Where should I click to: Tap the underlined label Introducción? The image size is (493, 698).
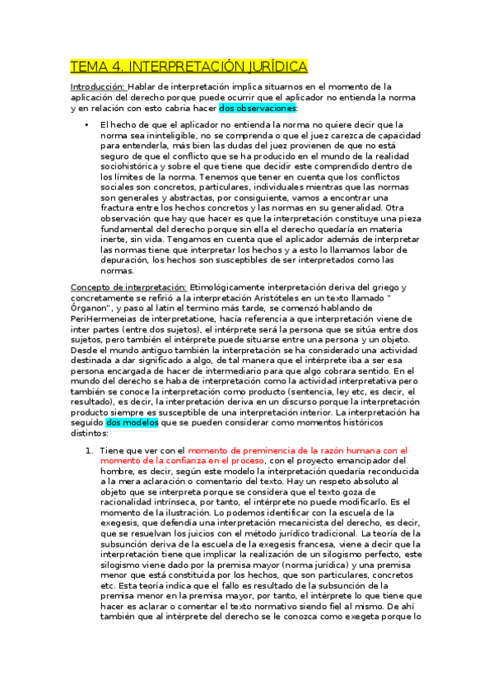[97, 86]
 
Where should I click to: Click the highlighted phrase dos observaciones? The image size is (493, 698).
[258, 108]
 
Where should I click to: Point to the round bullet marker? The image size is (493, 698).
[86, 123]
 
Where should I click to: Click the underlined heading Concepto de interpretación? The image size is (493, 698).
[128, 286]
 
